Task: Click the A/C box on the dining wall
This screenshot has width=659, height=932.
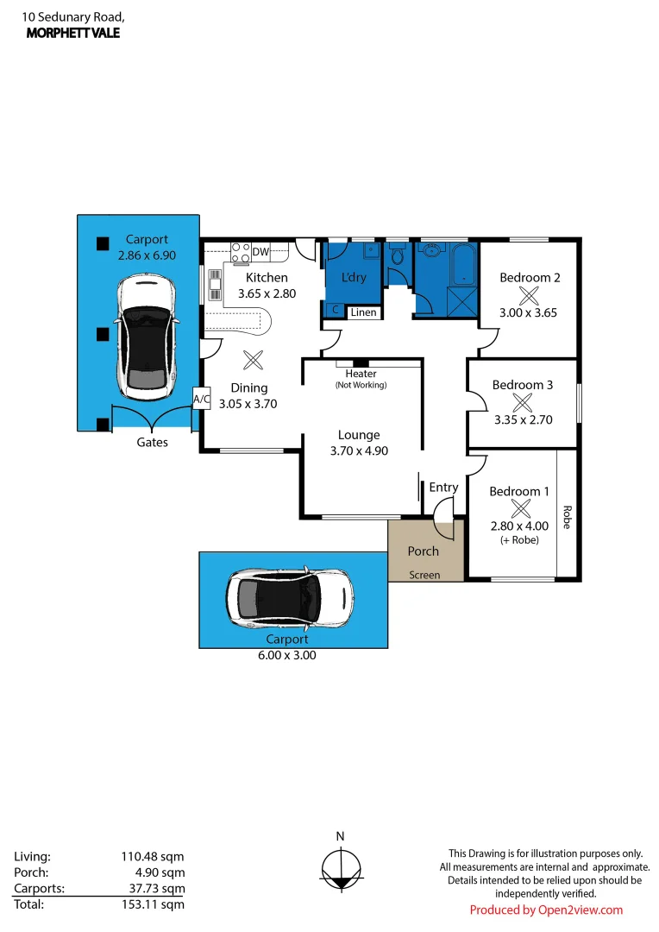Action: [x=201, y=399]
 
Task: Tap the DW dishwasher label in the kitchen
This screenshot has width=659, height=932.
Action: [x=260, y=252]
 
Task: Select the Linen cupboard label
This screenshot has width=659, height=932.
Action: [x=363, y=312]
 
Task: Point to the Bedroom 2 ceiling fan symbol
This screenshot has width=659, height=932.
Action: [x=530, y=294]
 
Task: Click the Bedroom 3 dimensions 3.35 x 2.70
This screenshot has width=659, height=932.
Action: [x=523, y=420]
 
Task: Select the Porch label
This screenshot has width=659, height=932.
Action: [x=423, y=551]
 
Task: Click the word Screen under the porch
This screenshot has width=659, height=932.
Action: [x=424, y=575]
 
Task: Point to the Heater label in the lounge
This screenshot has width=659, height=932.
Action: [x=361, y=374]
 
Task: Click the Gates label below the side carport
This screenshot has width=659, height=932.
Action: [x=153, y=442]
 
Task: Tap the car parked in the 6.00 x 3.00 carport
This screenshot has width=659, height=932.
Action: [x=290, y=596]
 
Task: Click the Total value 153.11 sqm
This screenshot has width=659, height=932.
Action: [x=152, y=904]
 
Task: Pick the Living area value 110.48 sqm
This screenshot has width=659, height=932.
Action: [x=152, y=857]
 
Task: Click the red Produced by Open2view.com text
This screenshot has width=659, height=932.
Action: [x=545, y=910]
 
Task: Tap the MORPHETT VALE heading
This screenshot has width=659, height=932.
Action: [x=73, y=33]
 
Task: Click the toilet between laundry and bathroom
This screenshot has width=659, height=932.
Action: [x=398, y=256]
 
